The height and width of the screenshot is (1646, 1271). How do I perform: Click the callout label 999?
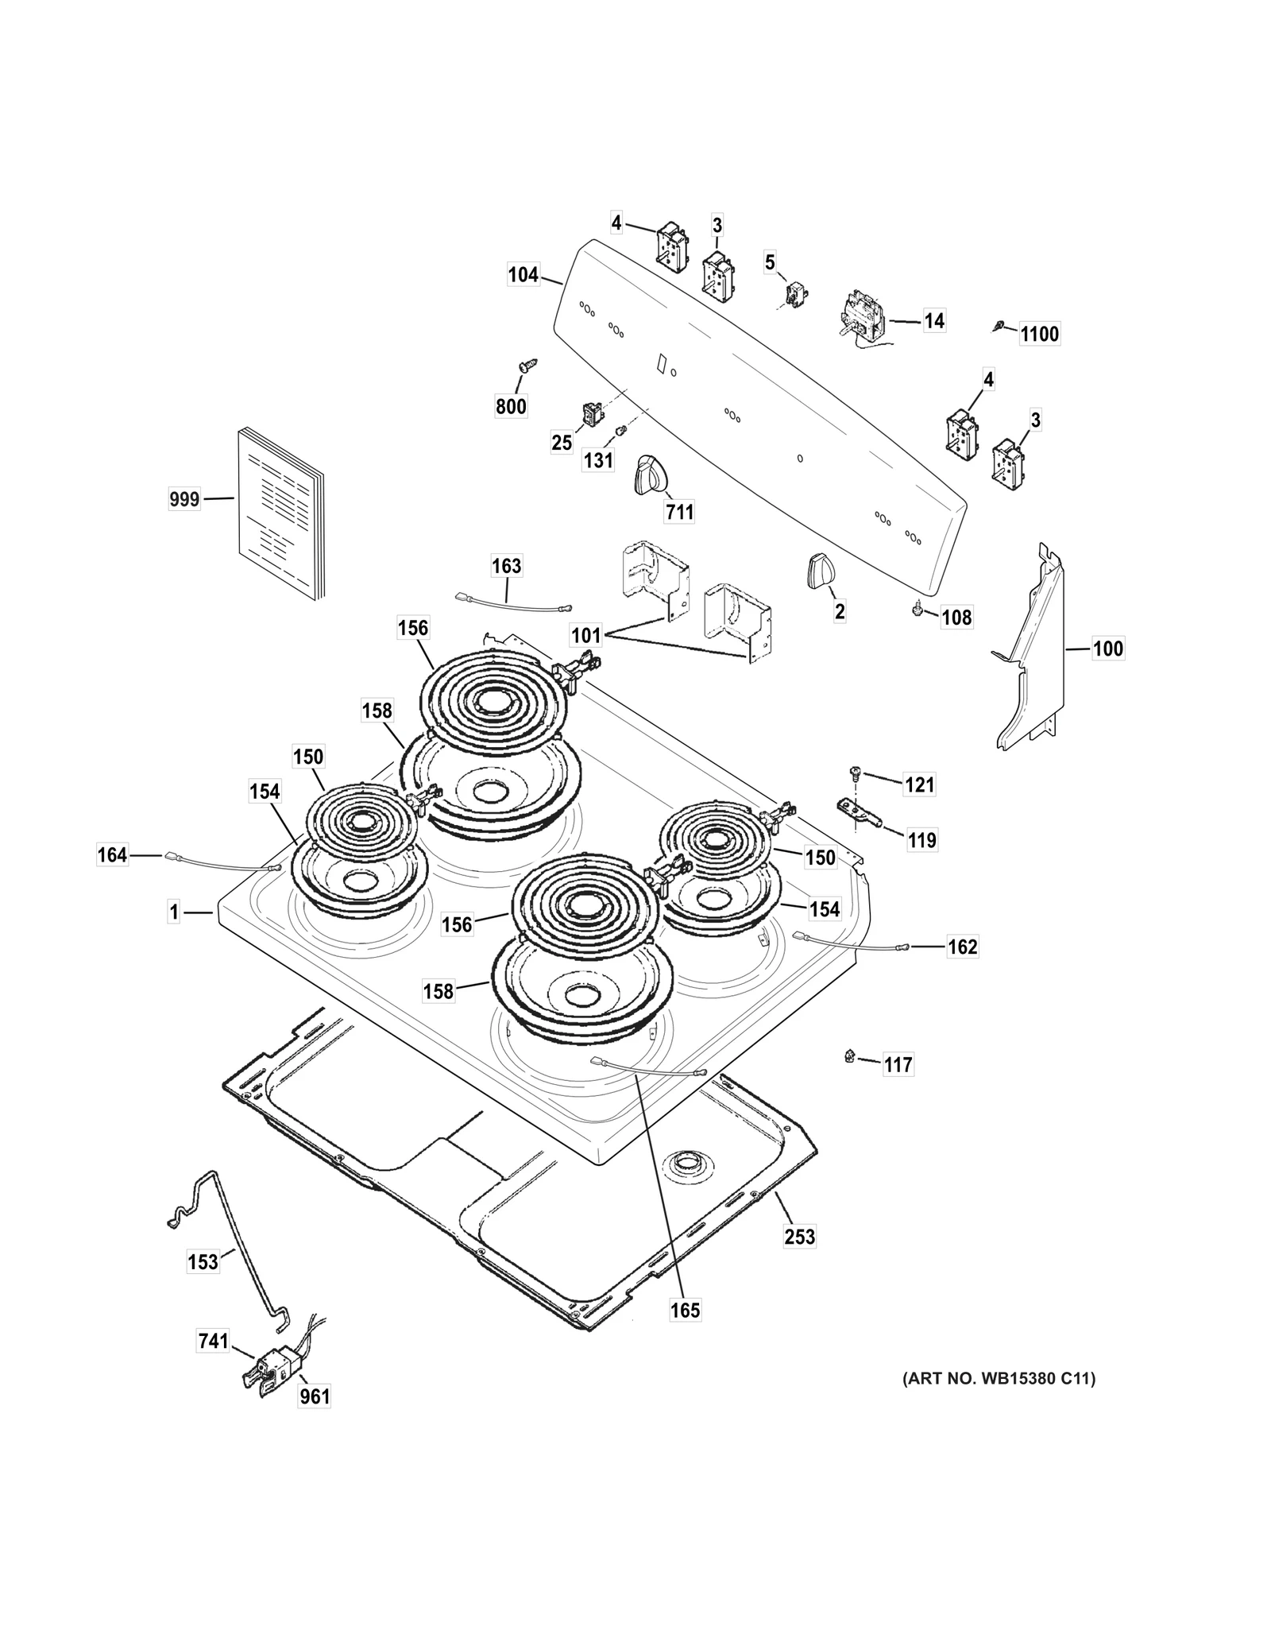pos(184,500)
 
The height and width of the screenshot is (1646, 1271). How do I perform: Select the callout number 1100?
pos(1039,334)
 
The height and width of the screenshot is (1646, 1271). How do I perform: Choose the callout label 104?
pos(523,276)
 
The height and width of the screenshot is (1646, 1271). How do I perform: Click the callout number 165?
pos(684,1310)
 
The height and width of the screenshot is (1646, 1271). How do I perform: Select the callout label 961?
pos(314,1396)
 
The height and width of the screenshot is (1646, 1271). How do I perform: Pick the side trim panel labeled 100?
pos(1033,652)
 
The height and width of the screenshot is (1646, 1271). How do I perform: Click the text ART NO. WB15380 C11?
pos(998,1379)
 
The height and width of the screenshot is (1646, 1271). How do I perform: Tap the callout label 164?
pos(112,855)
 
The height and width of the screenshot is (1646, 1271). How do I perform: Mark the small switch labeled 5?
pos(792,294)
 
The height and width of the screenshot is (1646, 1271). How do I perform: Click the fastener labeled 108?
pos(919,610)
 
